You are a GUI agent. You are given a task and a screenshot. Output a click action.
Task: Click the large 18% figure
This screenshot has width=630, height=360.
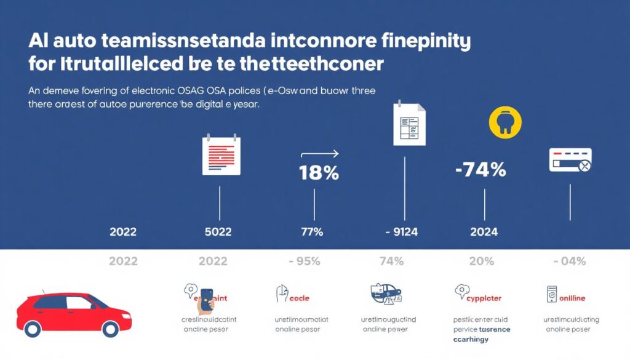click(319, 173)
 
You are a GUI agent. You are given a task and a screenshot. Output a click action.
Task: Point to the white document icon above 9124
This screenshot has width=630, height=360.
click(409, 124)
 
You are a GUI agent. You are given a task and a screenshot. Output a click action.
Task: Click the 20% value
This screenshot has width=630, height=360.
click(481, 261)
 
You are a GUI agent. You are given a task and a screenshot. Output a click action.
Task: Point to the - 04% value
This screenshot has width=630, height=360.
click(569, 261)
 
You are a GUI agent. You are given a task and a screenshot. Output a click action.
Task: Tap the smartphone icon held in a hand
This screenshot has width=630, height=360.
click(206, 298)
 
